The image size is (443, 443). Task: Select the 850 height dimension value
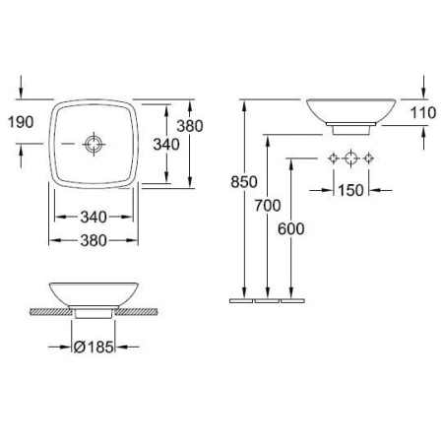[x=243, y=182]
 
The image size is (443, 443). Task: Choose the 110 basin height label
[x=423, y=113]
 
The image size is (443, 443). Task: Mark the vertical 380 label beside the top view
[x=189, y=126]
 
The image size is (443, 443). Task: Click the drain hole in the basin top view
[x=94, y=145]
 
